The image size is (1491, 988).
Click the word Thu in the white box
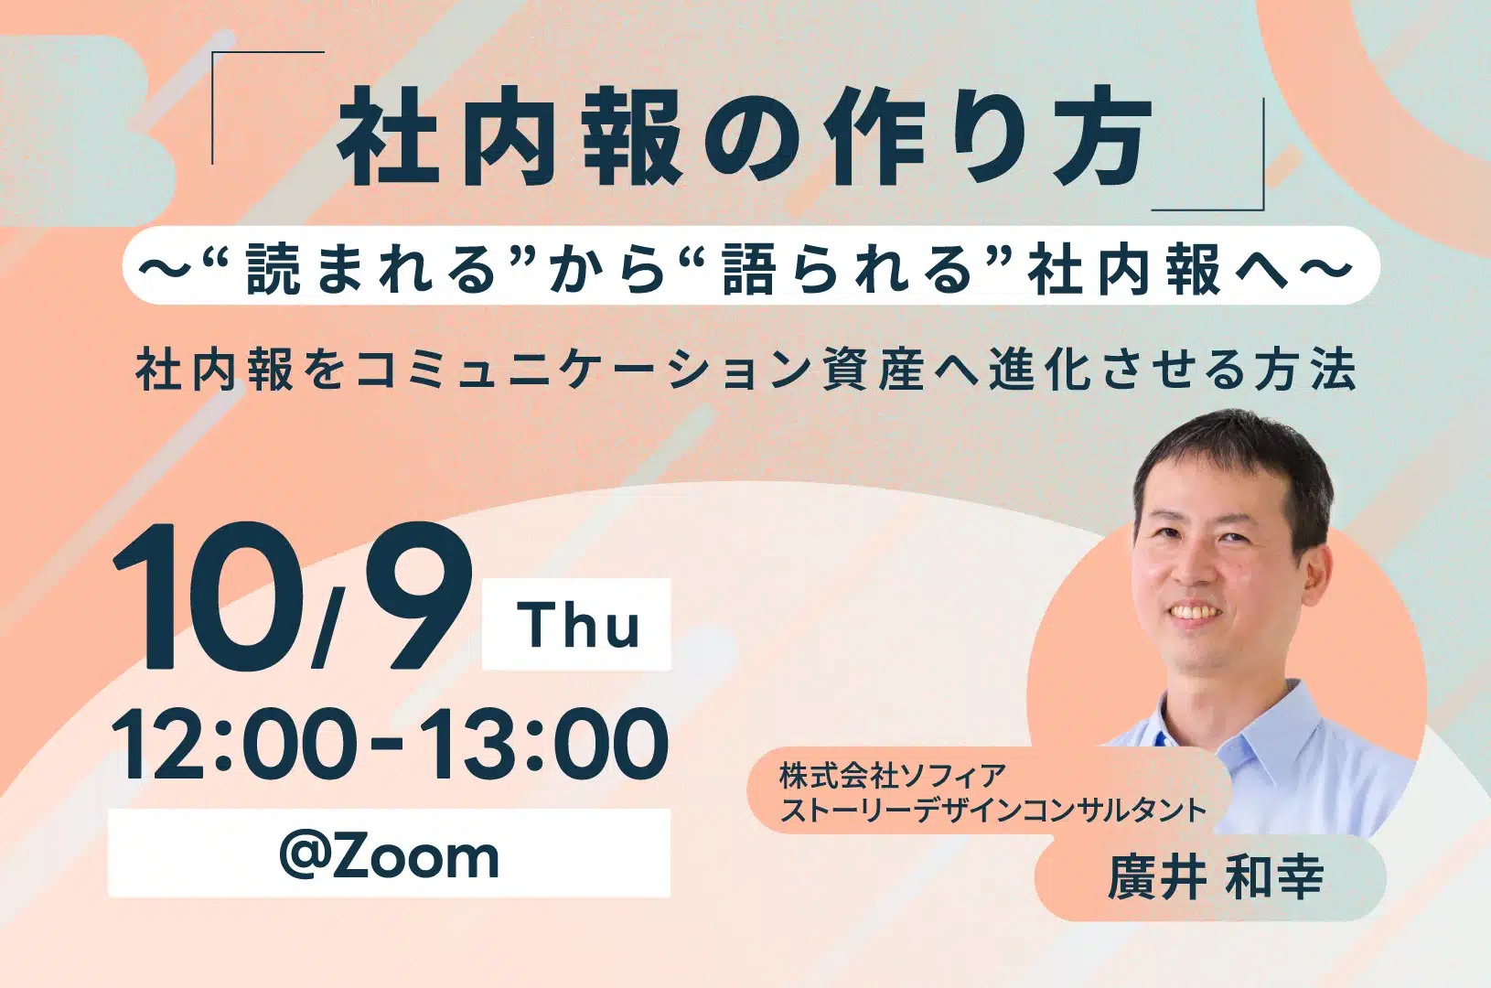[x=578, y=625]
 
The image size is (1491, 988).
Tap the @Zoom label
[x=389, y=856]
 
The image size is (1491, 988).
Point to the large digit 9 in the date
[x=418, y=595]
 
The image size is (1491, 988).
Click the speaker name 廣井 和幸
[x=1216, y=877]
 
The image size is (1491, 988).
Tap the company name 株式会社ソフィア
[x=893, y=777]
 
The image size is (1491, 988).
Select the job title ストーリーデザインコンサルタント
[x=993, y=811]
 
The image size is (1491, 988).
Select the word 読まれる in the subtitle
[x=372, y=269]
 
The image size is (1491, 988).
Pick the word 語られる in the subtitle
[x=848, y=269]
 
